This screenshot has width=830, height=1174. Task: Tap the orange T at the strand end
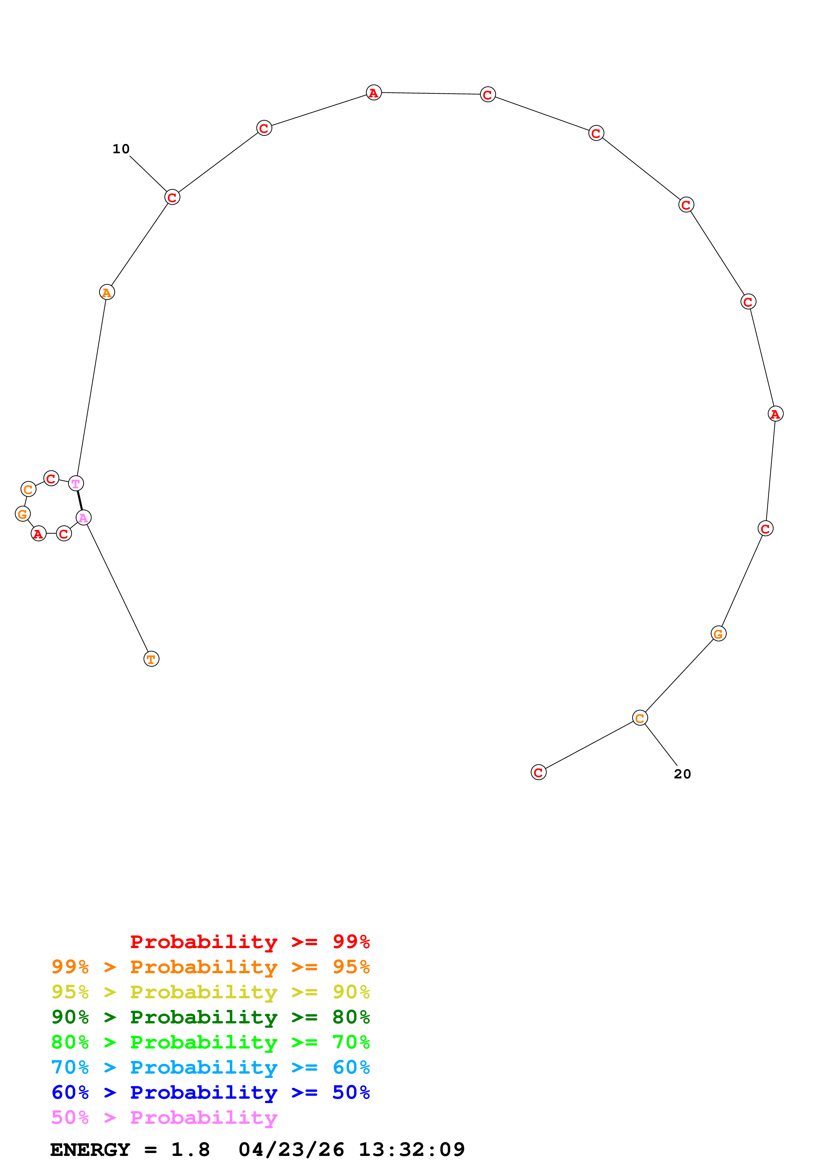point(151,659)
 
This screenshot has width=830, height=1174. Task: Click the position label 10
point(121,149)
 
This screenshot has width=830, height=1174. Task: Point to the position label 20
point(682,774)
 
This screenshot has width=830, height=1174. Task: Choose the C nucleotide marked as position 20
point(640,718)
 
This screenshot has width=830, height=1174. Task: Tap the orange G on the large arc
point(719,634)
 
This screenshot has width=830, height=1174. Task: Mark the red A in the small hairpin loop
point(39,534)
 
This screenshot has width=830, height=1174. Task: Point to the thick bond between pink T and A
point(80,501)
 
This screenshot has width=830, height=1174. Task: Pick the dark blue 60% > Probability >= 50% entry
point(211,1092)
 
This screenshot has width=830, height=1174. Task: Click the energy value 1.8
point(190,1150)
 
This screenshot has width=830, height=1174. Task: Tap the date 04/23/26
point(291,1150)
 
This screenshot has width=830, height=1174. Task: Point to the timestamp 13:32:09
point(412,1150)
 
